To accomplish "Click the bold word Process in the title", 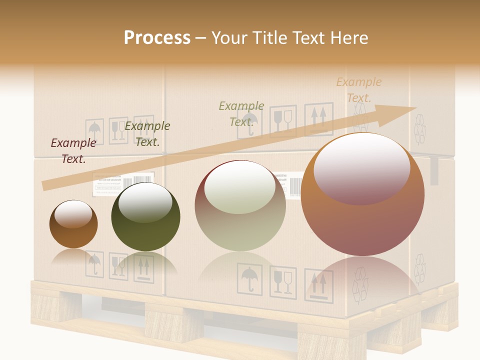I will [157, 38].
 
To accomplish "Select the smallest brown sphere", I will [73, 224].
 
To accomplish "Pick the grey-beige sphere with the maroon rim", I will [240, 206].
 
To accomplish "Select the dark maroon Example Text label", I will [73, 151].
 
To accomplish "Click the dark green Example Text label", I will [147, 133].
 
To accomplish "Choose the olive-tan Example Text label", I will [241, 113].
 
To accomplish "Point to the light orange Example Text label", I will [358, 89].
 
